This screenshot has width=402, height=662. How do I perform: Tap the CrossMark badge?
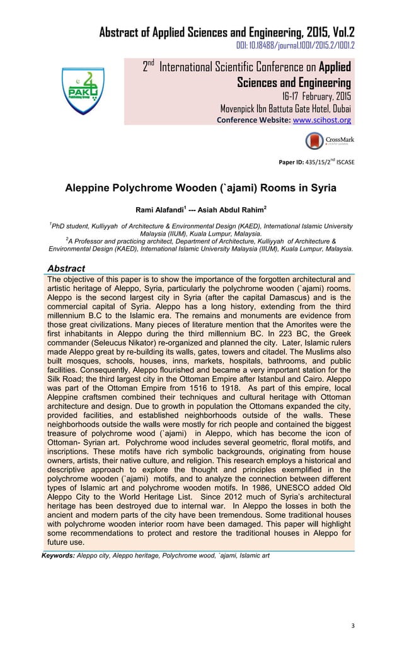(x=329, y=141)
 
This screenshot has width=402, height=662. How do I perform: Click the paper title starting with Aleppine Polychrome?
(x=201, y=188)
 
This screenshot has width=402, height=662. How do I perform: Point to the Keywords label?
(x=57, y=556)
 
